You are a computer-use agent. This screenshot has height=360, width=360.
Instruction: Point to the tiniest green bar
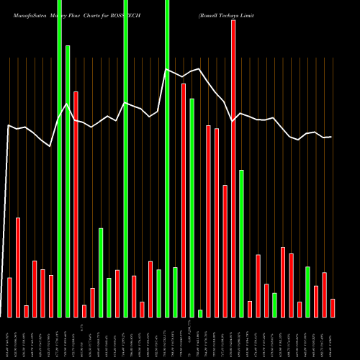pyautogui.click(x=200, y=313)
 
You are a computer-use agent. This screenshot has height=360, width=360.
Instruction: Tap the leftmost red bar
pyautogui.click(x=10, y=297)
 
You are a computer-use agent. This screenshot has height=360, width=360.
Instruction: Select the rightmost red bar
pyautogui.click(x=333, y=307)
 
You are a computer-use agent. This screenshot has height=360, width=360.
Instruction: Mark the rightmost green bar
pyautogui.click(x=307, y=292)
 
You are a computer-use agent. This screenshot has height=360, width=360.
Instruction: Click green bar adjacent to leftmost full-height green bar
pyautogui.click(x=68, y=181)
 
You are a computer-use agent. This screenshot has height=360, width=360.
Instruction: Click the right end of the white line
pyautogui.click(x=331, y=137)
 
